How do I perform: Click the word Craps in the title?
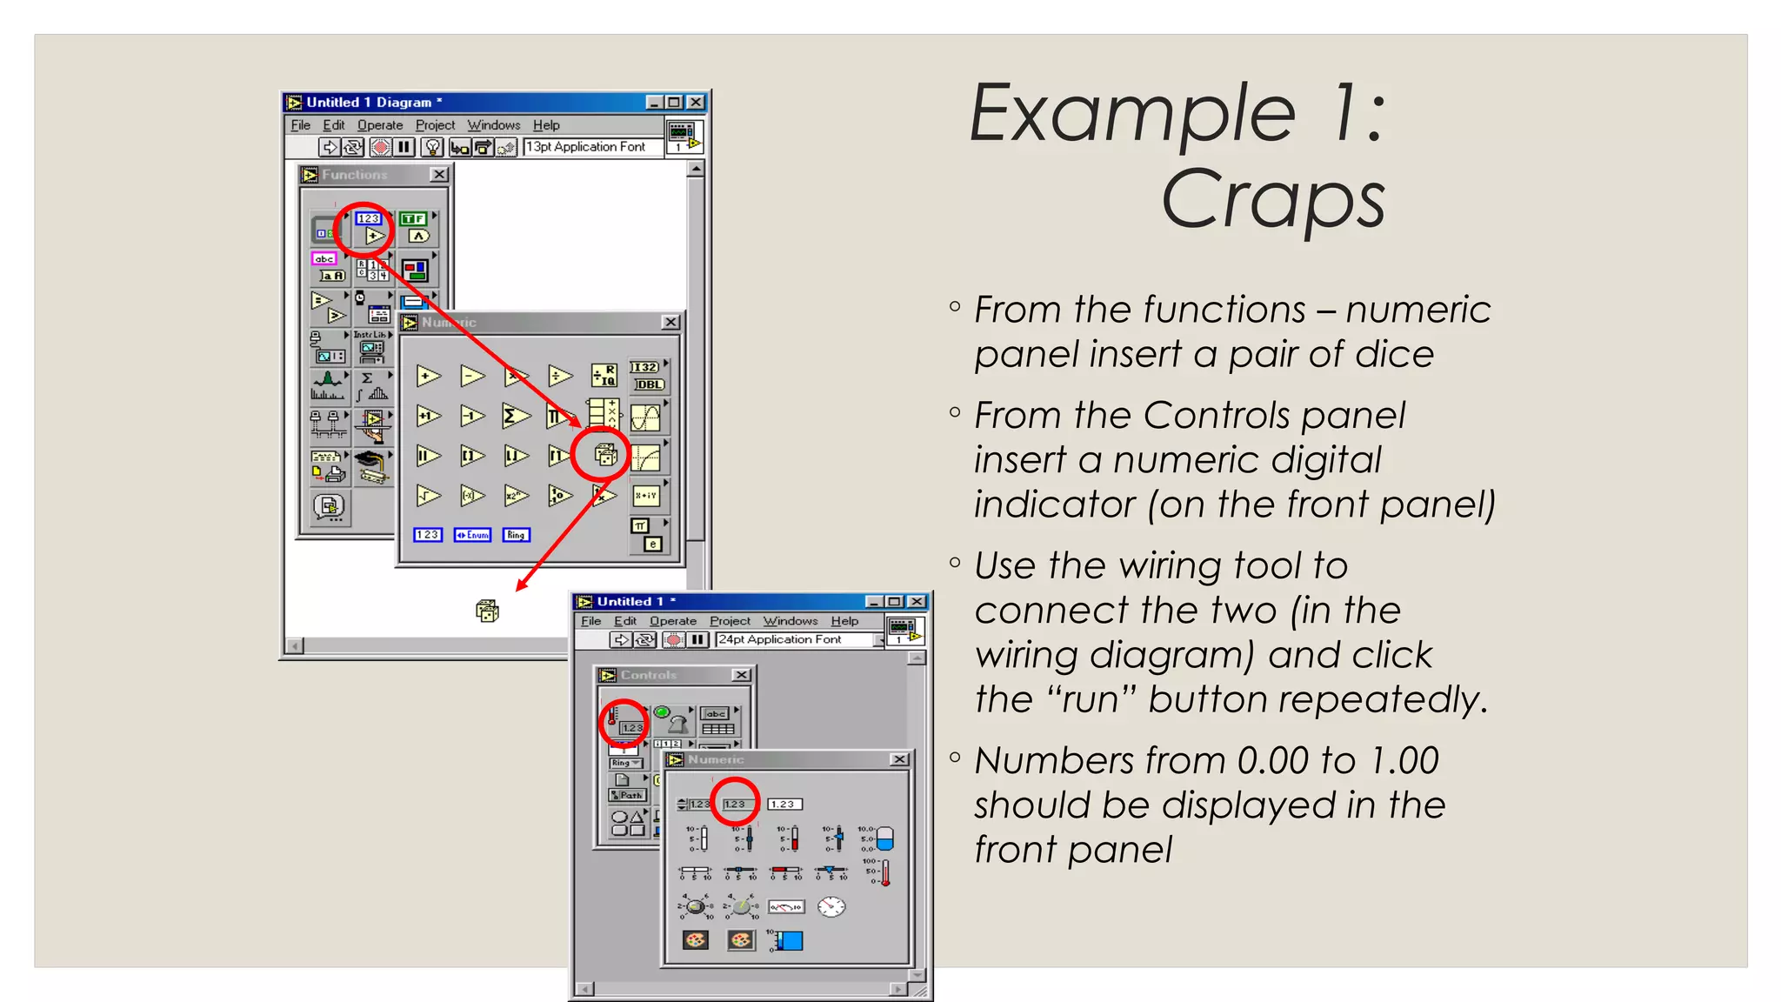click(x=1272, y=200)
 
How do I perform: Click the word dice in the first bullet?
click(x=1393, y=354)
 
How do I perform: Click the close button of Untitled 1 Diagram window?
click(x=696, y=103)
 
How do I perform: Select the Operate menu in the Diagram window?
click(x=380, y=125)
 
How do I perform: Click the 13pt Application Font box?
click(x=591, y=147)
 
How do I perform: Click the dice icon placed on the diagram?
click(x=487, y=611)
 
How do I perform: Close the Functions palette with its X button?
click(x=439, y=175)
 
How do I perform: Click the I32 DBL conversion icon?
click(x=647, y=376)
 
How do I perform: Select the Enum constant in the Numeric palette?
click(x=472, y=535)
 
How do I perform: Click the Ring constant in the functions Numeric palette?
click(x=516, y=535)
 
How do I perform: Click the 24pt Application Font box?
click(x=793, y=639)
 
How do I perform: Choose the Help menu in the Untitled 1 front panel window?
click(x=844, y=621)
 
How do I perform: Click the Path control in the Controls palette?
click(x=626, y=795)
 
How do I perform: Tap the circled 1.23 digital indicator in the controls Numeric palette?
click(x=736, y=804)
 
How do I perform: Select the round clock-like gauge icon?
click(x=831, y=906)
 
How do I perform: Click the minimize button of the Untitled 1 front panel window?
click(x=874, y=602)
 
